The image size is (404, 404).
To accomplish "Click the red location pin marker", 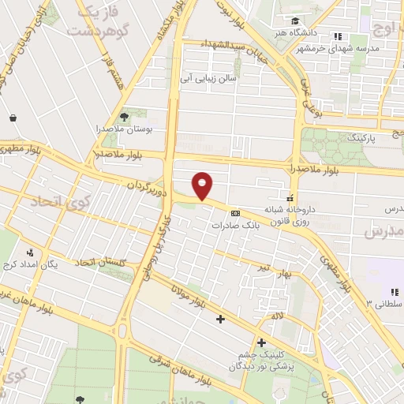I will click(x=204, y=185).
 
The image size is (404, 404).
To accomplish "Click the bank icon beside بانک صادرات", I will click(x=234, y=213).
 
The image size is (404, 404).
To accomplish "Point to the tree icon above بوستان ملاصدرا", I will click(x=123, y=116).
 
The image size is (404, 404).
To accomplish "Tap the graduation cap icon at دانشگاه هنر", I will click(x=294, y=21).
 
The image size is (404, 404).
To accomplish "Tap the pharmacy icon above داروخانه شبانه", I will click(x=291, y=196).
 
